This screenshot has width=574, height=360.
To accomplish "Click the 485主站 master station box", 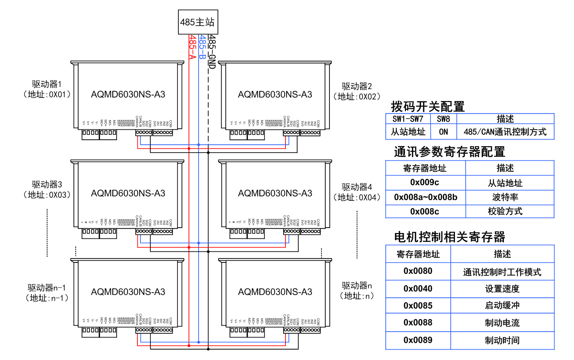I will pyautogui.click(x=198, y=22).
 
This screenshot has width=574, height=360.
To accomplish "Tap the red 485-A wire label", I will pyautogui.click(x=192, y=47).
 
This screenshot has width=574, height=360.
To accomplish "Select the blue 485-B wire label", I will pyautogui.click(x=202, y=47).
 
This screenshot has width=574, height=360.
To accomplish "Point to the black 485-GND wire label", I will pyautogui.click(x=212, y=51).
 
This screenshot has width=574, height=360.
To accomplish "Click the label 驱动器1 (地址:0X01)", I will pyautogui.click(x=47, y=89).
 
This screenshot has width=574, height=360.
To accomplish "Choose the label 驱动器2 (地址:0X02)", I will pyautogui.click(x=357, y=91).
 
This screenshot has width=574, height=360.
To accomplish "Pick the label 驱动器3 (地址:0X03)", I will pyautogui.click(x=47, y=189).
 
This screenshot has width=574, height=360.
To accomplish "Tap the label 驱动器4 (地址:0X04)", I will pyautogui.click(x=357, y=192).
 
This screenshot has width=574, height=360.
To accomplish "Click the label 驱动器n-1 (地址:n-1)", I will pyautogui.click(x=47, y=293).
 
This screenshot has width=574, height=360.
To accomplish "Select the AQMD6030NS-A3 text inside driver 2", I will pyautogui.click(x=275, y=94).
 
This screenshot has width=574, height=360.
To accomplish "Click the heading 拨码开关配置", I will pyautogui.click(x=427, y=106).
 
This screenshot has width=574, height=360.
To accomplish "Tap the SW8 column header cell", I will pyautogui.click(x=444, y=119).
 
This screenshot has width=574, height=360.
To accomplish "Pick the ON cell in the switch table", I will pyautogui.click(x=444, y=132).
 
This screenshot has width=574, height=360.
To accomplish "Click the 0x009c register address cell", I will pyautogui.click(x=425, y=182).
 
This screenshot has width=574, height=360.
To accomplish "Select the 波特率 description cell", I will pyautogui.click(x=505, y=197).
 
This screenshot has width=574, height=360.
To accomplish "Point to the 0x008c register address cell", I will pyautogui.click(x=425, y=212).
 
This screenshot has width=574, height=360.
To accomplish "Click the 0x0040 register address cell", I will pyautogui.click(x=418, y=289).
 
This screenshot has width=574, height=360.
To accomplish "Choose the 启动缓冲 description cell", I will pyautogui.click(x=502, y=306).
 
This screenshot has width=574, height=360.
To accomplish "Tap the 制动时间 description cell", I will pyautogui.click(x=502, y=340).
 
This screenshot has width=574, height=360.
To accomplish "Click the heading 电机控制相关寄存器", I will pyautogui.click(x=450, y=237).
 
